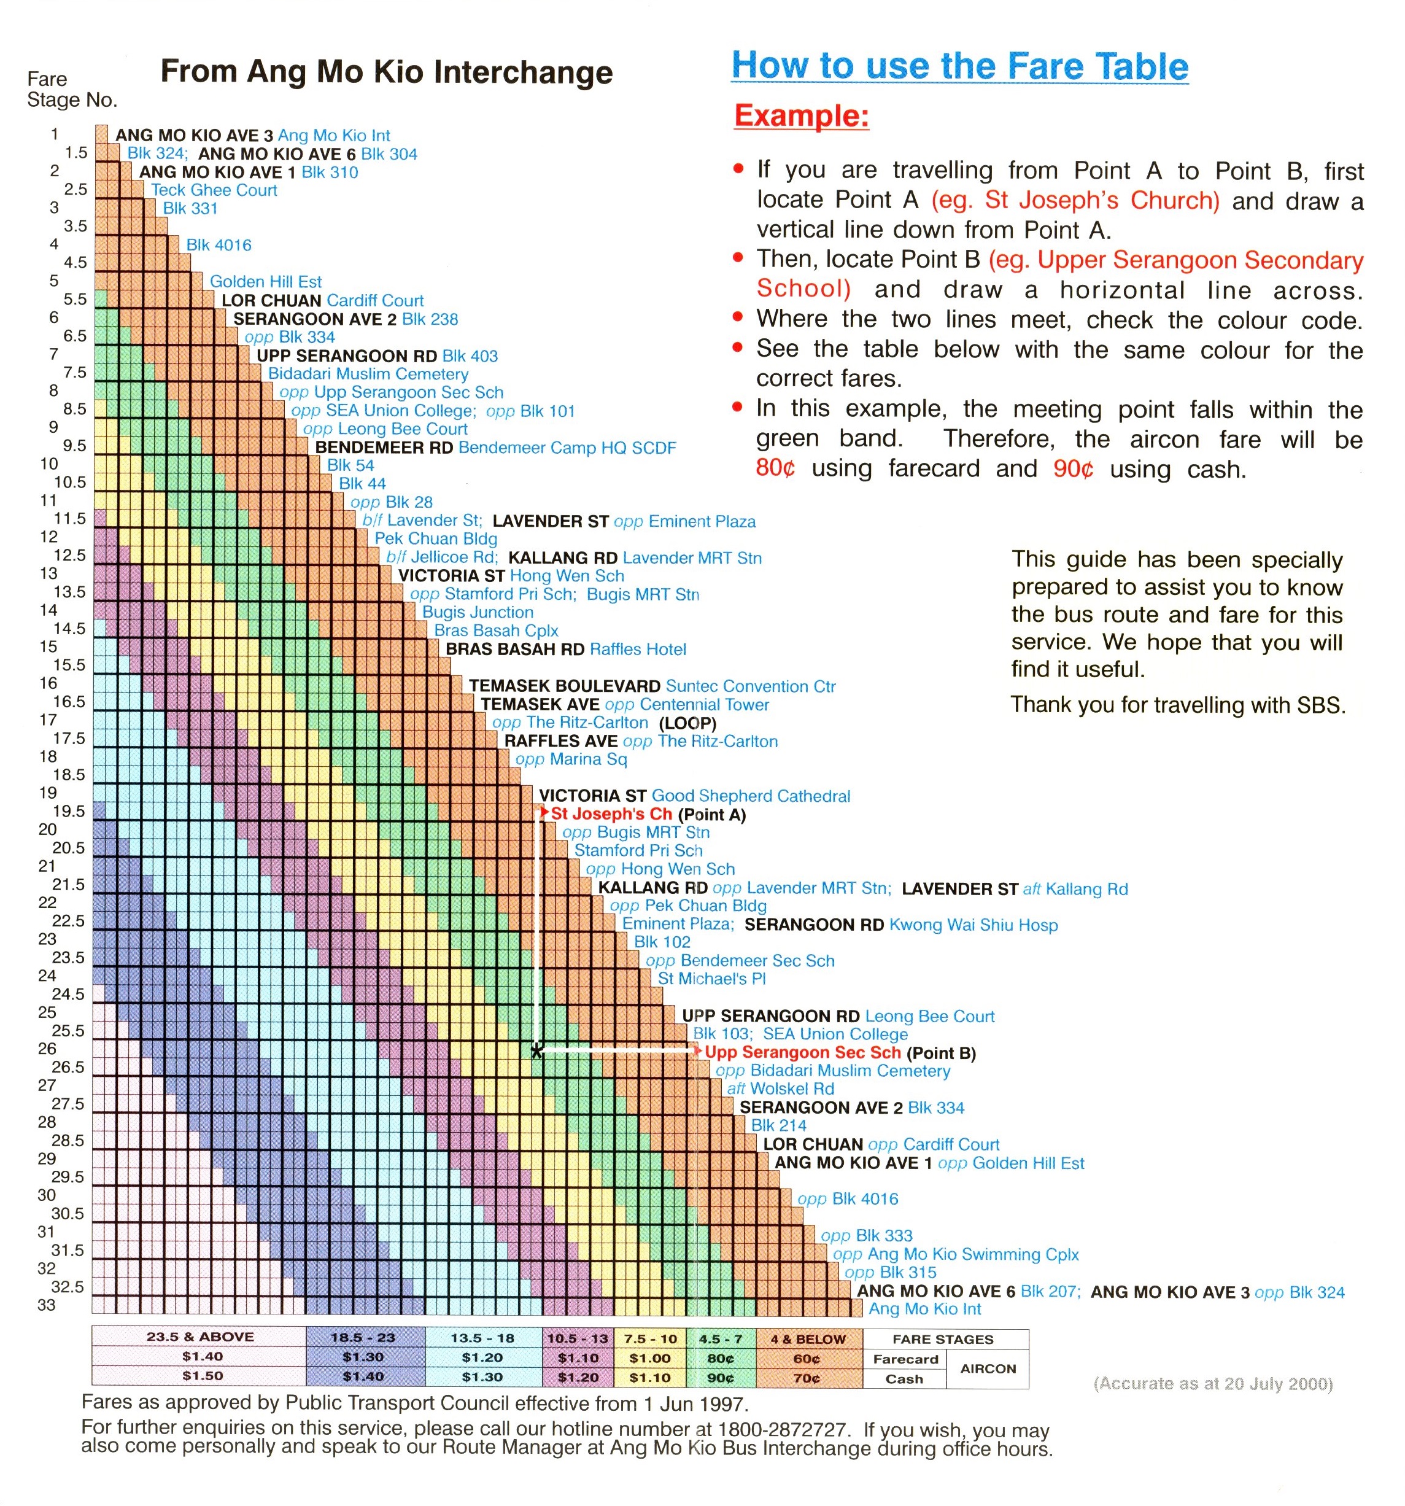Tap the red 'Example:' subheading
point(800,116)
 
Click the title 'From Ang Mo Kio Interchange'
point(386,72)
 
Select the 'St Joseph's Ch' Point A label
point(611,813)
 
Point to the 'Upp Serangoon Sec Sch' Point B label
point(802,1052)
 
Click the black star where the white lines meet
point(536,1050)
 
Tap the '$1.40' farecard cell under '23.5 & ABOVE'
point(202,1357)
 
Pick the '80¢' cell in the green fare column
point(719,1358)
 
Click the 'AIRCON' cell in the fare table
point(988,1368)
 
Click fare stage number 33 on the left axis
point(47,1305)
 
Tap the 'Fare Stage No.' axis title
point(71,90)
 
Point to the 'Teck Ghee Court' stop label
point(214,190)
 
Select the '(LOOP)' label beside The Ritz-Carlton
point(687,723)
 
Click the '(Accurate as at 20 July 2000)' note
point(1213,1383)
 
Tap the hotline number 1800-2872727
point(781,1429)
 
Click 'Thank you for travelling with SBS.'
point(1178,705)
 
